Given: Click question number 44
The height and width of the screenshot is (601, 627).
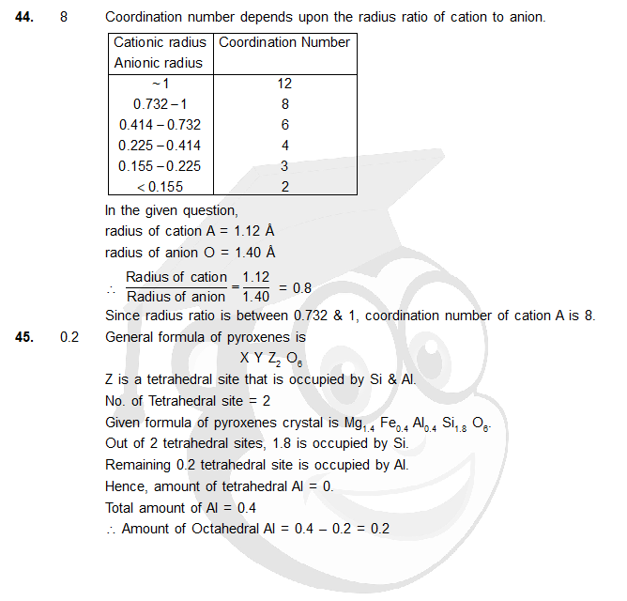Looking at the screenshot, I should [x=26, y=18].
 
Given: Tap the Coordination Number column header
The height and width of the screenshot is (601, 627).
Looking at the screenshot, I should [x=284, y=42].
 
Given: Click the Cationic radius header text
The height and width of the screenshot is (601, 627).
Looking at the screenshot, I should [x=161, y=42].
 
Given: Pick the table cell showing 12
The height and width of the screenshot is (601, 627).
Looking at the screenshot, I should [x=284, y=84].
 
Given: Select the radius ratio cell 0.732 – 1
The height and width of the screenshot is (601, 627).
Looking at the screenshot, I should [x=160, y=104].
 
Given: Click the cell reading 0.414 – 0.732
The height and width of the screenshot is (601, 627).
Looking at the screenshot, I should [x=160, y=125].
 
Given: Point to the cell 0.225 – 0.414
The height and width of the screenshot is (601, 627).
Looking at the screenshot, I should [x=160, y=146].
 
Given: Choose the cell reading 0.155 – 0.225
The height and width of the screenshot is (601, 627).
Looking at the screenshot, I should [x=160, y=166].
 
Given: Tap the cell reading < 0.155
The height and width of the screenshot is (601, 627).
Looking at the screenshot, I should [x=160, y=187].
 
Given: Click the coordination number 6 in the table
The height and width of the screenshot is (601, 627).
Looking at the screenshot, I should [x=284, y=125].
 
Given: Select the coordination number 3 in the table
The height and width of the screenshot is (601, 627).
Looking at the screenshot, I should [x=284, y=166].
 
